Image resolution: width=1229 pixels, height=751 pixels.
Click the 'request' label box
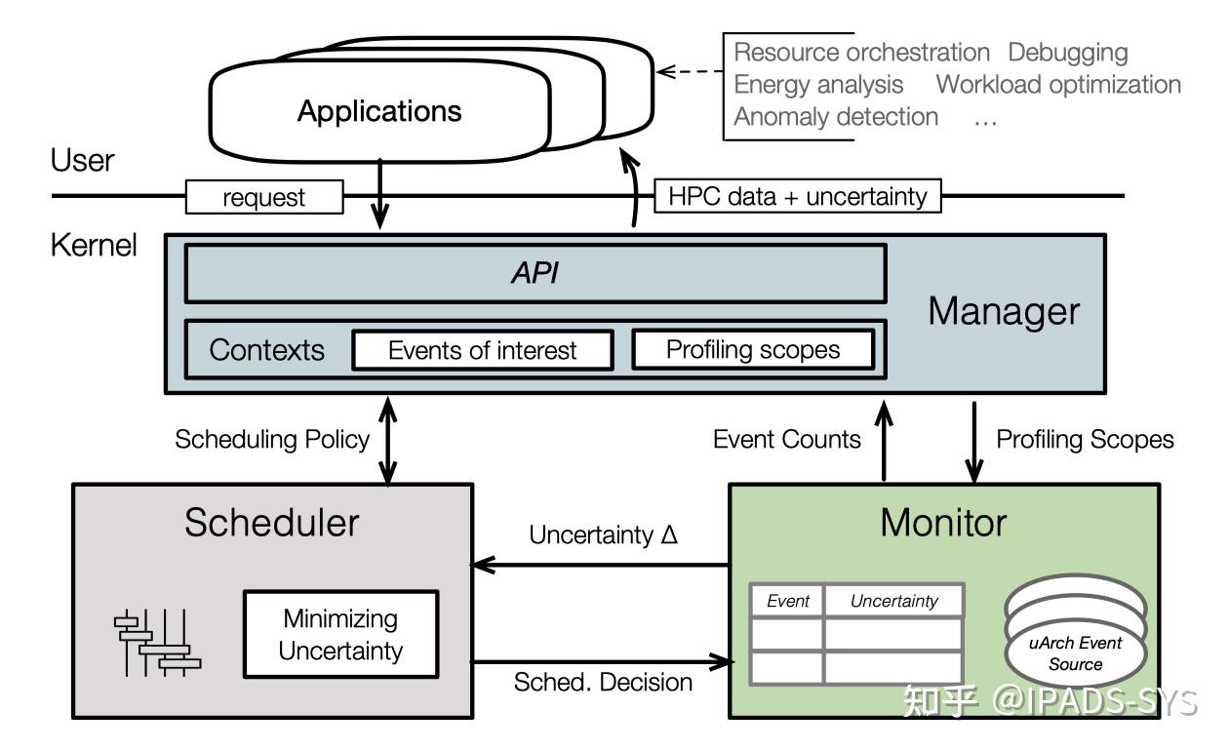pos(264,197)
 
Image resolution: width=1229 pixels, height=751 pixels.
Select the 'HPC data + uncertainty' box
pos(797,196)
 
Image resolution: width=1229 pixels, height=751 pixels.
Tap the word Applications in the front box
pos(379,111)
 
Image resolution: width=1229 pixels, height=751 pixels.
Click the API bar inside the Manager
pos(535,273)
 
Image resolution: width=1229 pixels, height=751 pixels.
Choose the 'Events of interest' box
pos(482,350)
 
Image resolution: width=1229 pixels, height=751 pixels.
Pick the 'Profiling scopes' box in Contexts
pos(752,350)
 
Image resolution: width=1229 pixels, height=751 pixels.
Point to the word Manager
pos(1003,311)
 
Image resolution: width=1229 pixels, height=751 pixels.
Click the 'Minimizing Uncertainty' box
pos(340,634)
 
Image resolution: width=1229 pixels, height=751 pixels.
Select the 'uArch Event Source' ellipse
pos(1075,654)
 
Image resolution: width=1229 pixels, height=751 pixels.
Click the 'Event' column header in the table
pos(787,601)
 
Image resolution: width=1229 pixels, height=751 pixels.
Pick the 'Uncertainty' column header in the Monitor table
pos(893,601)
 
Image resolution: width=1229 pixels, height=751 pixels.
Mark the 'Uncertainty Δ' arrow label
pos(603,535)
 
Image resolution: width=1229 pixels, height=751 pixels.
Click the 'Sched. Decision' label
pos(603,682)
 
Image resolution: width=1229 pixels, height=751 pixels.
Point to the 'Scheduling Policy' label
pos(272,439)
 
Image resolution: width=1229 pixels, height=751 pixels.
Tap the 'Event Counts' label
pos(786,439)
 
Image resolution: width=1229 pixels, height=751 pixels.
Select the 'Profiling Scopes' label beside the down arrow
pos(1085,439)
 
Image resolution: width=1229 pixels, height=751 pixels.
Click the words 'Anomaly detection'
pos(836,117)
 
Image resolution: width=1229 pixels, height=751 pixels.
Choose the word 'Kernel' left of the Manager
pos(94,245)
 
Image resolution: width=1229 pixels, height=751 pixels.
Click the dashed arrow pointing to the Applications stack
pos(689,71)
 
